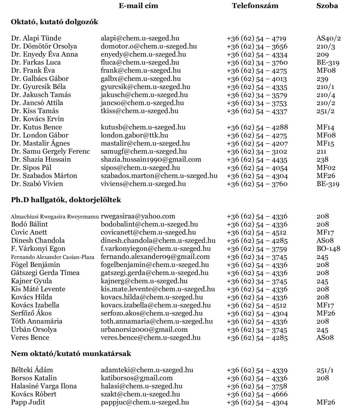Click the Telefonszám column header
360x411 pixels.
point(255,6)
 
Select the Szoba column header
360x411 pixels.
point(327,6)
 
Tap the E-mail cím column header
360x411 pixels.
point(139,6)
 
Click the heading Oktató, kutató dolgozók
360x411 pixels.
point(54,22)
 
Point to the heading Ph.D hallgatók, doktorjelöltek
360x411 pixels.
point(66,200)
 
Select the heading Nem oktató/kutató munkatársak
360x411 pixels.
point(71,354)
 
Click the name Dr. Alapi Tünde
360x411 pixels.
point(36,38)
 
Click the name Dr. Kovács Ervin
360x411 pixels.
point(37,119)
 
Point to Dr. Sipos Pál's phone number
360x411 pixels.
point(257,168)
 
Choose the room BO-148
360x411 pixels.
point(328,249)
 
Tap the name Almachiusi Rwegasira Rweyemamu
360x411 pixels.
point(55,217)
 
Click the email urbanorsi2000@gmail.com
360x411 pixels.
point(144,329)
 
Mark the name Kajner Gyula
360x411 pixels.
point(31,281)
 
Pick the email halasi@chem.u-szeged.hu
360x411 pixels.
point(141,386)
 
